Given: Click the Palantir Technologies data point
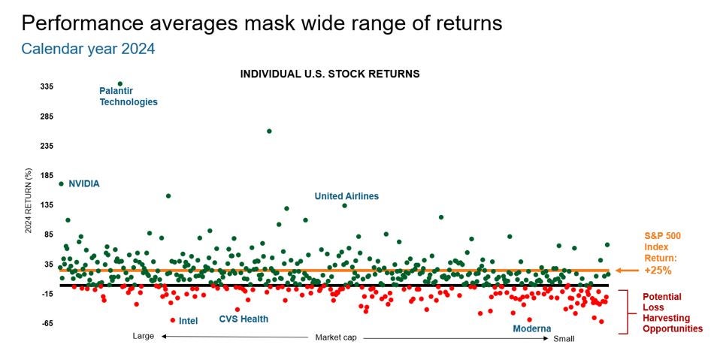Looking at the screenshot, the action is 120,83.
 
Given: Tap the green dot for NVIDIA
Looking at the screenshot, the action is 61,184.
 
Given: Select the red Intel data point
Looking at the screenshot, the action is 173,320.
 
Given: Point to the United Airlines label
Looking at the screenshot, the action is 346,196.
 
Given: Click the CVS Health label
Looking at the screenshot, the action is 244,319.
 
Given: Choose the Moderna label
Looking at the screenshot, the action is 532,328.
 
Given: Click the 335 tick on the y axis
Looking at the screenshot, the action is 47,86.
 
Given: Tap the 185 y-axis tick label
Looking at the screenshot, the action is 47,175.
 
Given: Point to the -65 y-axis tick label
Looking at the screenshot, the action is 47,324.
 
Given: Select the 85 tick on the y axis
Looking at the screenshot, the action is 48,234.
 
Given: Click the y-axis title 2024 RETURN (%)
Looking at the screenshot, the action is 29,200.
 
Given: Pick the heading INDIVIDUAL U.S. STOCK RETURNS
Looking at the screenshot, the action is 330,74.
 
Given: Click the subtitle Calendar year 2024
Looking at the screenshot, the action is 89,48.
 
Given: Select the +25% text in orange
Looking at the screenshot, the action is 658,271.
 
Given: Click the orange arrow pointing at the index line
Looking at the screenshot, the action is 628,271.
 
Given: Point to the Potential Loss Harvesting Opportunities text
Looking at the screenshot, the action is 673,313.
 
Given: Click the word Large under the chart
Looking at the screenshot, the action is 144,337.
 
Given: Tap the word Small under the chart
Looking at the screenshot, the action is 564,339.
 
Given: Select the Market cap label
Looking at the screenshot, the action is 336,337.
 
